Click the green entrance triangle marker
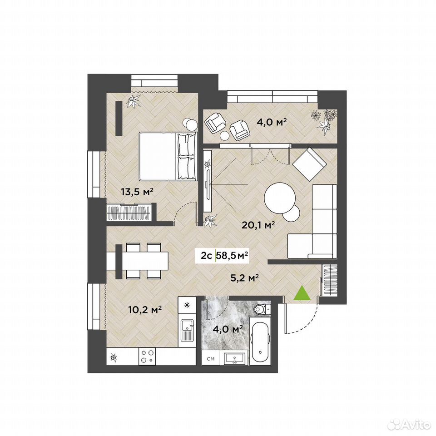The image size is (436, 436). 302,293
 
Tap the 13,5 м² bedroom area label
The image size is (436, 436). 137,192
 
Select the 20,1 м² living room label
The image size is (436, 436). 258,225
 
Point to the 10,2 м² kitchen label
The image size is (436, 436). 145,309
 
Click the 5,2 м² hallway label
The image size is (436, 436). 245,277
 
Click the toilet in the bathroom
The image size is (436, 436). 262,309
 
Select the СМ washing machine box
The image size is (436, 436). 210,359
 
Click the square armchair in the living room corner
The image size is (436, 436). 309,164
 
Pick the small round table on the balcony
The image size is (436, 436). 225,135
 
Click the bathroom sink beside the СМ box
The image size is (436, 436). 235,358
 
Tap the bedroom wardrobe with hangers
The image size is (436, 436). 129,213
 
